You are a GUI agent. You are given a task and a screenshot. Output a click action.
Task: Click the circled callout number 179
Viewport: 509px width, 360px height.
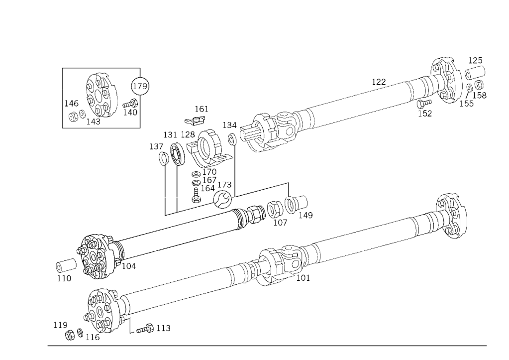pyautogui.click(x=140, y=86)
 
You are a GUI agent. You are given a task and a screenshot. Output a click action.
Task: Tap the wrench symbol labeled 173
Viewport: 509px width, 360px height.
pyautogui.click(x=223, y=199)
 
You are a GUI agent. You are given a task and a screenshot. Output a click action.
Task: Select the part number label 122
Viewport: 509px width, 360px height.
pyautogui.click(x=379, y=82)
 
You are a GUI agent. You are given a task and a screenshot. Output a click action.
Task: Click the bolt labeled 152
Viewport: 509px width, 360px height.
pyautogui.click(x=423, y=104)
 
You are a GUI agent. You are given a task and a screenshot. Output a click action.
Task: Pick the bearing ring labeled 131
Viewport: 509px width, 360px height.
pyautogui.click(x=177, y=154)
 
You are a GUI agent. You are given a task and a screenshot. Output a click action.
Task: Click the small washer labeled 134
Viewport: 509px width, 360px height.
pyautogui.click(x=232, y=139)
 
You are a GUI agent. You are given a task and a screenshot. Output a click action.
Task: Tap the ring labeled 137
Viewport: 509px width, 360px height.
pyautogui.click(x=163, y=158)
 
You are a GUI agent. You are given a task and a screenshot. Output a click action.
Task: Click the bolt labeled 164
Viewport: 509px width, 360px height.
pyautogui.click(x=196, y=195)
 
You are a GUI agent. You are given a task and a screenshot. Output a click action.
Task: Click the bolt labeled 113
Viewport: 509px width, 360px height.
pyautogui.click(x=145, y=329)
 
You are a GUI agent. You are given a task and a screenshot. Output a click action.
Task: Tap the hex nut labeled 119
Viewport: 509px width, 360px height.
pyautogui.click(x=70, y=335)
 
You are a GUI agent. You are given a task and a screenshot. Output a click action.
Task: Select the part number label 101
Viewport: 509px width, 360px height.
pyautogui.click(x=303, y=278)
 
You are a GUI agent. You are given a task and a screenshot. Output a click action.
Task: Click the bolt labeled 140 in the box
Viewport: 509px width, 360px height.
pyautogui.click(x=130, y=104)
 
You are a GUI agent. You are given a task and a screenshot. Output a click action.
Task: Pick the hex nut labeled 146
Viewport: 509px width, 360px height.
pyautogui.click(x=73, y=116)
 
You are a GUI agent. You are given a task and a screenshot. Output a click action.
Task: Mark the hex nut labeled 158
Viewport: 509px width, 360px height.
pyautogui.click(x=479, y=85)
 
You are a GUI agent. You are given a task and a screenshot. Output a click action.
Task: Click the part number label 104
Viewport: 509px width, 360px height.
pyautogui.click(x=129, y=266)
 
